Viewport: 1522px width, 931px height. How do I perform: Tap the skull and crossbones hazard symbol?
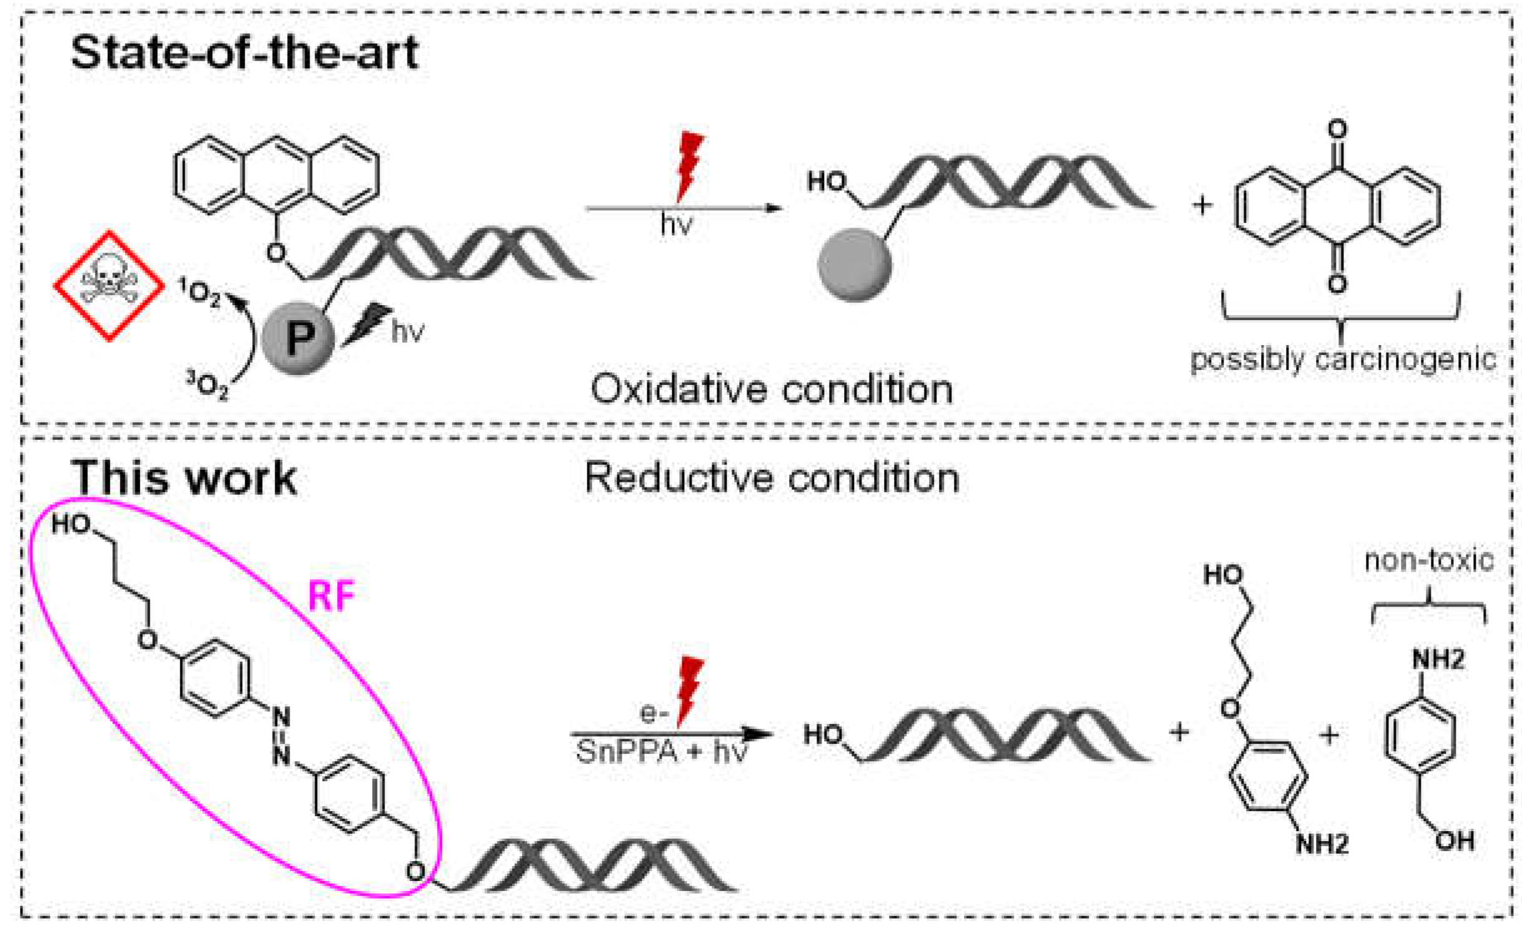point(109,286)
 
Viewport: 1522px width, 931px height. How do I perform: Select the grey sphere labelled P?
point(298,338)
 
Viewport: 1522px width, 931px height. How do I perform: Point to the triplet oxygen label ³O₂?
point(208,384)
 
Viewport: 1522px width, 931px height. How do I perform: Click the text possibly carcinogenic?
point(1342,359)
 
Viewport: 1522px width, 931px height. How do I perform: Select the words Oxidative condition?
point(772,389)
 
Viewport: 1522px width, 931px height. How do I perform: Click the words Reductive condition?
point(772,479)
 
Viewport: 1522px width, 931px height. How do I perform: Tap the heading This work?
point(184,479)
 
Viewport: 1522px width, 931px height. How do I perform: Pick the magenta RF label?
point(331,595)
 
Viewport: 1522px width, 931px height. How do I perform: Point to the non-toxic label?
point(1428,560)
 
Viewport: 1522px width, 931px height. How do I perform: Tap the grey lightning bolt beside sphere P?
point(367,323)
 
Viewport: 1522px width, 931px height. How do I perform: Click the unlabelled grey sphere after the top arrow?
point(854,265)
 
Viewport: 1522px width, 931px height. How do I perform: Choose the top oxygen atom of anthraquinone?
point(1337,129)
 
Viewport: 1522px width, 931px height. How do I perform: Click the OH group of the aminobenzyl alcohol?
point(1455,841)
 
